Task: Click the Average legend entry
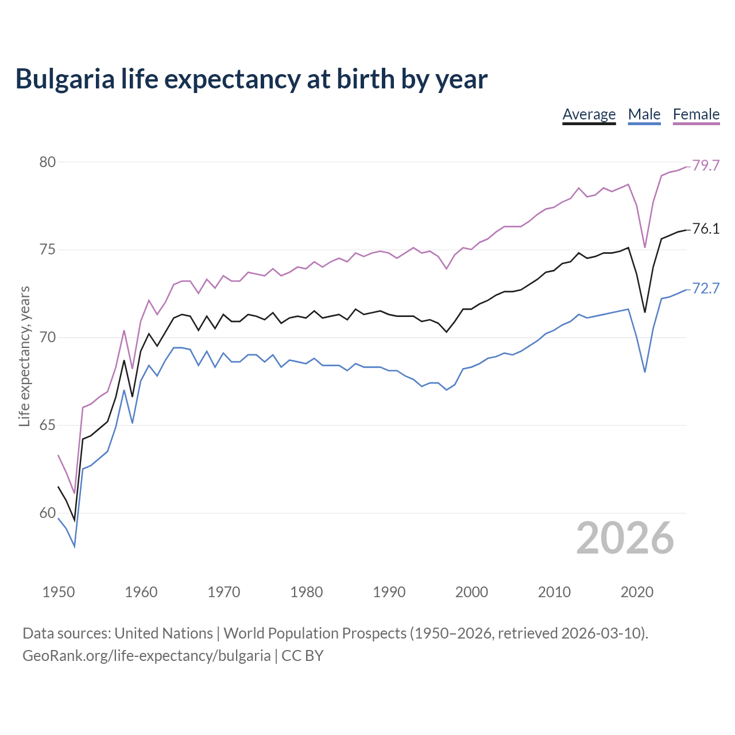pyautogui.click(x=589, y=114)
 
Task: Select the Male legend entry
pyautogui.click(x=644, y=114)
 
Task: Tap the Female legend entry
pyautogui.click(x=696, y=114)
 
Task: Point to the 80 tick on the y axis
pyautogui.click(x=48, y=162)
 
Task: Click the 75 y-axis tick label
pyautogui.click(x=48, y=250)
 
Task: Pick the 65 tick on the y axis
pyautogui.click(x=48, y=425)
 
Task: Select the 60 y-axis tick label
pyautogui.click(x=48, y=513)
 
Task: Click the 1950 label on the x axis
pyautogui.click(x=59, y=592)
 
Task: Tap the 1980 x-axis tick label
pyautogui.click(x=306, y=592)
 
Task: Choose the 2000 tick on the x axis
pyautogui.click(x=471, y=592)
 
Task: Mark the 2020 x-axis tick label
pyautogui.click(x=637, y=592)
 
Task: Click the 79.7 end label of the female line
pyautogui.click(x=706, y=165)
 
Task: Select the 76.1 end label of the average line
pyautogui.click(x=706, y=229)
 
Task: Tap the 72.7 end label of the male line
pyautogui.click(x=706, y=288)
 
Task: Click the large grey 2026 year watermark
pyautogui.click(x=625, y=538)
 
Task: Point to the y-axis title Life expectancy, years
pyautogui.click(x=25, y=356)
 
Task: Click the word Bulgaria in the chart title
pyautogui.click(x=65, y=79)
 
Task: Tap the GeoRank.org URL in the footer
pyautogui.click(x=146, y=655)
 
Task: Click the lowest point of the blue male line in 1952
pyautogui.click(x=75, y=547)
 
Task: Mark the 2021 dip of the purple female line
pyautogui.click(x=645, y=247)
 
